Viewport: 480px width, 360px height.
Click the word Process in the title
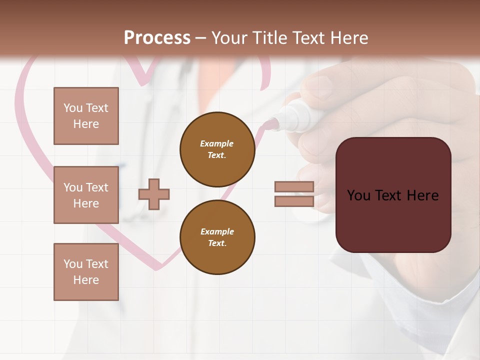[157, 38]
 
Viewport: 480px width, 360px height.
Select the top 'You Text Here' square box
[86, 116]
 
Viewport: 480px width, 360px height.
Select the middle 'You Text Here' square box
[86, 195]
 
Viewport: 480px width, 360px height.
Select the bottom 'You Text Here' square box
[86, 271]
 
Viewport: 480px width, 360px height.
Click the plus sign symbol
[154, 194]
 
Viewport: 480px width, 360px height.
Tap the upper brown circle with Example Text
[217, 149]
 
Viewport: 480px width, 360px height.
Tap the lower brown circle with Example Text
[217, 237]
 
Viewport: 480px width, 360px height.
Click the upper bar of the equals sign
[294, 186]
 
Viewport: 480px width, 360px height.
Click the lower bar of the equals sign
[294, 201]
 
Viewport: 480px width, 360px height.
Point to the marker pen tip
[272, 122]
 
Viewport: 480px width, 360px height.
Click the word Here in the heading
[349, 38]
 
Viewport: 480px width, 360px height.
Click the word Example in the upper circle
[216, 143]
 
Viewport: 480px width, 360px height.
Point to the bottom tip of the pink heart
[157, 268]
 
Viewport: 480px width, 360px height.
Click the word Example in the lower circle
[217, 231]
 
